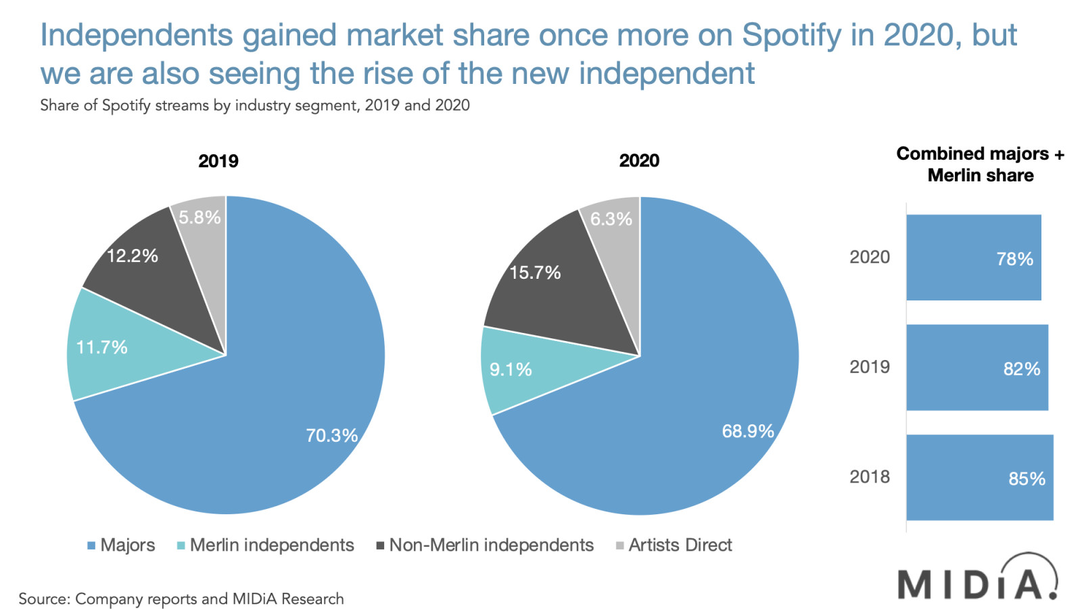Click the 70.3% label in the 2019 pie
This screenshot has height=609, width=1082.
point(331,435)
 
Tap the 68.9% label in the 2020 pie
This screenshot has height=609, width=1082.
point(747,431)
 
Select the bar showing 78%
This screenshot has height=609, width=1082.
point(973,258)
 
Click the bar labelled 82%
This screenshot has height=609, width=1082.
point(977,367)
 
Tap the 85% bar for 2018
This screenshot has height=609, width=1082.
point(979,478)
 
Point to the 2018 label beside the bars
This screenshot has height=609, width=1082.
point(869,477)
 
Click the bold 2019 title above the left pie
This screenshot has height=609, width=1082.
point(218,161)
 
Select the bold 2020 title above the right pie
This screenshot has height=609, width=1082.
point(639,161)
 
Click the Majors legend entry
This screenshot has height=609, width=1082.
point(122,545)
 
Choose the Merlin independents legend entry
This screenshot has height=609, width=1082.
point(265,545)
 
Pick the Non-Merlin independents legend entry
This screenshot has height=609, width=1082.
point(485,545)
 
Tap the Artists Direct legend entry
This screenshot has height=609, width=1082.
point(674,545)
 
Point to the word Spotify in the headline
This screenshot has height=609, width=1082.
point(791,35)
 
